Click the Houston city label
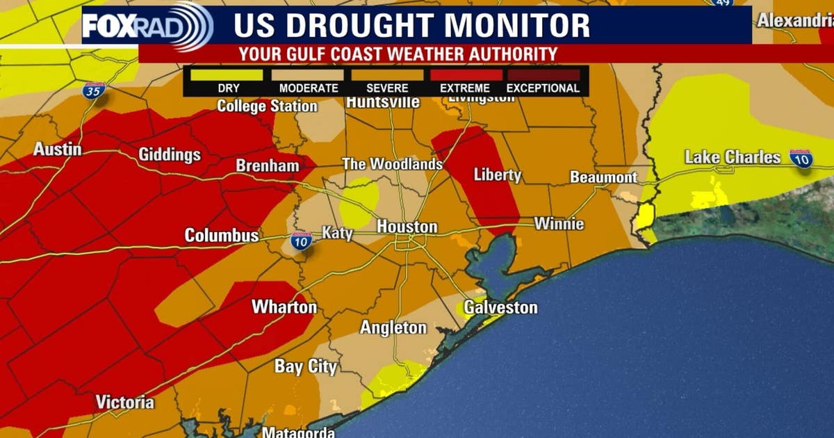pyautogui.click(x=407, y=227)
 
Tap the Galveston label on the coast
pyautogui.click(x=500, y=307)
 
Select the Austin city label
pyautogui.click(x=57, y=149)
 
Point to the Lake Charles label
pyautogui.click(x=733, y=157)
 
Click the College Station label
pyautogui.click(x=267, y=106)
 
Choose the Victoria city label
pyautogui.click(x=125, y=402)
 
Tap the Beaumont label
pyautogui.click(x=603, y=177)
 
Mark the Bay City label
pyautogui.click(x=305, y=366)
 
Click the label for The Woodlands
pyautogui.click(x=392, y=164)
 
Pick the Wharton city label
pyautogui.click(x=284, y=307)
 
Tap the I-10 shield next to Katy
pyautogui.click(x=301, y=241)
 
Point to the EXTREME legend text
pyautogui.click(x=465, y=88)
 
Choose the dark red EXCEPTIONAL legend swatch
pyautogui.click(x=543, y=74)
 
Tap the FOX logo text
pyautogui.click(x=105, y=26)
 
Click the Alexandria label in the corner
pyautogui.click(x=794, y=21)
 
